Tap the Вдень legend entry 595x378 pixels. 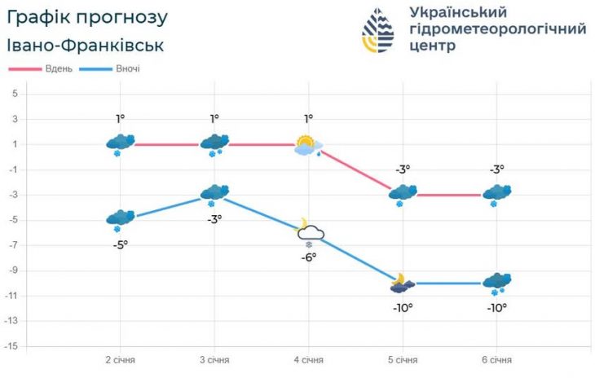(59, 68)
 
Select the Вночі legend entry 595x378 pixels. (127, 68)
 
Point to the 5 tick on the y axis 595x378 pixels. (14, 94)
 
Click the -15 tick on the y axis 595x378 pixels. (11, 346)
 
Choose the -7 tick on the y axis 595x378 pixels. (13, 245)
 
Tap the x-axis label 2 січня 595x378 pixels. (120, 359)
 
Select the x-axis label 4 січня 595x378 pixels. (308, 359)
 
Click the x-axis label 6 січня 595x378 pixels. (496, 359)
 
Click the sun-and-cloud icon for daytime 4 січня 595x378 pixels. (308, 147)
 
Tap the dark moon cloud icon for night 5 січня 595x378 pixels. (403, 283)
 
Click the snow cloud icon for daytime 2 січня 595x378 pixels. (120, 143)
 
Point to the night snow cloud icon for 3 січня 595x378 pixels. (214, 194)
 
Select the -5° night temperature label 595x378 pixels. (120, 245)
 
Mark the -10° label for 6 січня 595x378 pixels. (496, 307)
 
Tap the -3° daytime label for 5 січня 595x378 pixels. (403, 169)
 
